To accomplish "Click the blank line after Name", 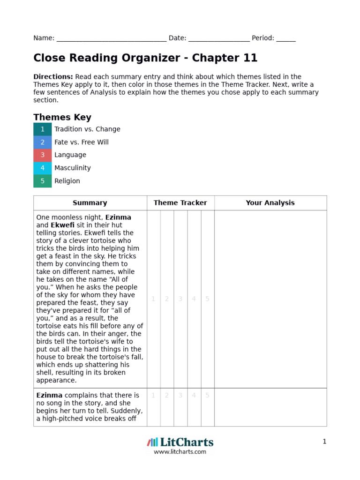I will click(111, 38).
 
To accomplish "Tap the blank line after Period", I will click(286, 38).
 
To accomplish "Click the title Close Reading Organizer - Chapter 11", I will click(145, 58).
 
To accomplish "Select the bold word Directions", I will click(53, 76).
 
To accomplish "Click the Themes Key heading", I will click(62, 117).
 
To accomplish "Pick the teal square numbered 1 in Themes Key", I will click(43, 129).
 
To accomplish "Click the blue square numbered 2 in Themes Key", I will click(43, 142).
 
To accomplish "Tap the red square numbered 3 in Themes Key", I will click(43, 155).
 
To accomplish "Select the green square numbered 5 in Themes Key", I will click(43, 181).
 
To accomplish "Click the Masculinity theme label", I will click(73, 168).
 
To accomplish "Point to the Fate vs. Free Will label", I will click(82, 142).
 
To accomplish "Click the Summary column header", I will click(90, 203).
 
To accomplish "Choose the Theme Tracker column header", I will click(180, 203).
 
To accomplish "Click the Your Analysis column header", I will click(270, 203).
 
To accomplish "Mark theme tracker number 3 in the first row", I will click(180, 299).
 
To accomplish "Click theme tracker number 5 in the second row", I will click(207, 396).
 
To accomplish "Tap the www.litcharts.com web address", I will click(180, 452).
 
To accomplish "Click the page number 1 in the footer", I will click(324, 442).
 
